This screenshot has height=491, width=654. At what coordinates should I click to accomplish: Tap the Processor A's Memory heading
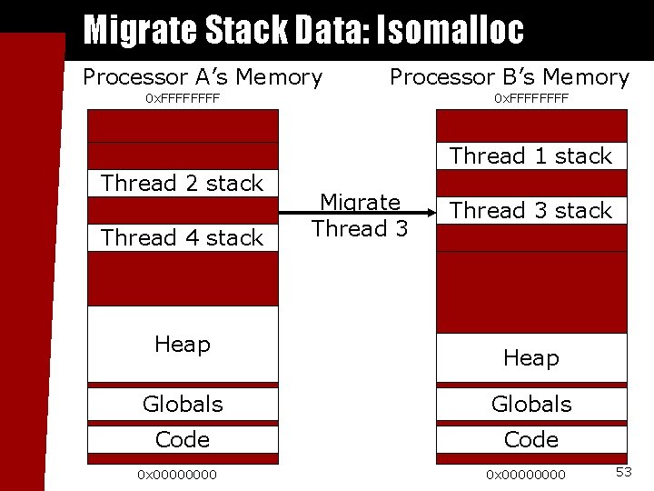point(202,77)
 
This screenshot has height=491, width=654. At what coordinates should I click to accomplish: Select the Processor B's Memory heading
point(509,77)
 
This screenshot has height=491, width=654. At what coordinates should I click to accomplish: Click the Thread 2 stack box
point(183,183)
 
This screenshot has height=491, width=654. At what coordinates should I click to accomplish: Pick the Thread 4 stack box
point(183,237)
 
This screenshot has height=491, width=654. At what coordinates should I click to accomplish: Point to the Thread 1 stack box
point(531,155)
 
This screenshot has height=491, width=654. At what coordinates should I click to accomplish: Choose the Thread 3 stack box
point(531,210)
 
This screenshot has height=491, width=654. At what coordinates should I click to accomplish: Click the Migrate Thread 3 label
point(361,215)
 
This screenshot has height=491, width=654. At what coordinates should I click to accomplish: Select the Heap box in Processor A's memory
point(183,345)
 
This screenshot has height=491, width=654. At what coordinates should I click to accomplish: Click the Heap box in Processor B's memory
point(531,357)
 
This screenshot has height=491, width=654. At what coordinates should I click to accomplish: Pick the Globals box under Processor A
point(183,404)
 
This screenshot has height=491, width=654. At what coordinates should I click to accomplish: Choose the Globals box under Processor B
point(531,404)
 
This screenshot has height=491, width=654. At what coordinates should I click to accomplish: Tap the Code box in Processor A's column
point(183,439)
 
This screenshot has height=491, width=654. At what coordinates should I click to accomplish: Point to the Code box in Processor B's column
point(531,439)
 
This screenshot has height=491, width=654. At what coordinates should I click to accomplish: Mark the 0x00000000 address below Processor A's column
point(177,474)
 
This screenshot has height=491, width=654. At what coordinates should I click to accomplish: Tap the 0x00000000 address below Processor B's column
point(526,474)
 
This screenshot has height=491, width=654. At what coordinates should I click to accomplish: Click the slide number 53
point(624,471)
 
